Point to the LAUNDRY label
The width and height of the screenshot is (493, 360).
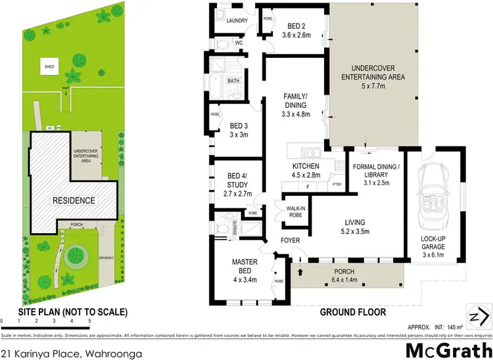click(236, 20)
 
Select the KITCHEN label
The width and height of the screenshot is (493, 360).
click(306, 166)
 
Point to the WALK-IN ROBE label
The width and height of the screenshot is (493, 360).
click(294, 210)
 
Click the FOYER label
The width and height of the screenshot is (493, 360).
click(290, 240)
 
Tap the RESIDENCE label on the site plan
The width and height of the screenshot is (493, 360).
click(74, 200)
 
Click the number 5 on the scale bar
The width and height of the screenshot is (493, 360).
click(89, 322)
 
